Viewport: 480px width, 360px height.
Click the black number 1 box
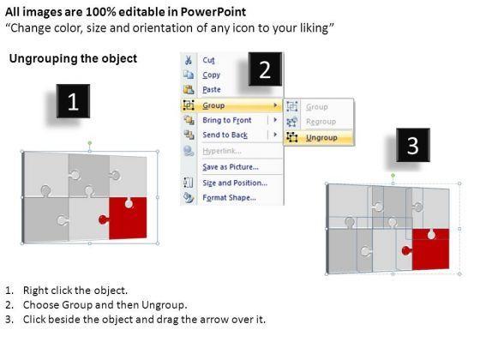click(73, 101)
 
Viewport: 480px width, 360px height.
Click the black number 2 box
click(265, 69)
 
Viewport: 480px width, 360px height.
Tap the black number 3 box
click(413, 145)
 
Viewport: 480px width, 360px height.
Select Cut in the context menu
click(209, 60)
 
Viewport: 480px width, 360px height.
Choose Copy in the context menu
click(211, 75)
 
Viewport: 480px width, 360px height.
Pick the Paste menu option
click(212, 89)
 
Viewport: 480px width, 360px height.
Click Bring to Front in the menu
click(227, 120)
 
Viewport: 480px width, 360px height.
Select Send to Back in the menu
click(225, 135)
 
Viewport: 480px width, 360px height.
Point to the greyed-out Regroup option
click(321, 122)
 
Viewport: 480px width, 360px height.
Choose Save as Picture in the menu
click(231, 167)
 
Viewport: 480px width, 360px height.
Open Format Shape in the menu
click(230, 197)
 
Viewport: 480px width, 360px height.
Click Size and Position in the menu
click(235, 183)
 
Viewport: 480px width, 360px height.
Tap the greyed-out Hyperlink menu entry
click(222, 151)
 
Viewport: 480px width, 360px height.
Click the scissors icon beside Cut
click(189, 60)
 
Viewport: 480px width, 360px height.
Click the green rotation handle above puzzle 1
click(90, 143)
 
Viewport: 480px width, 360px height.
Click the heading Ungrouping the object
click(73, 58)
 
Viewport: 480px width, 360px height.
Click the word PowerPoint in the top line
click(213, 12)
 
